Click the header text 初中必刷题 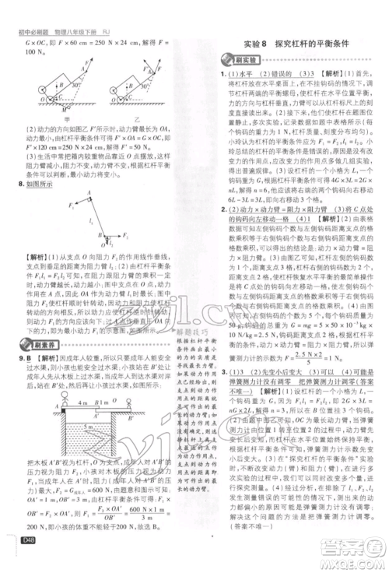tap(30, 9)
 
